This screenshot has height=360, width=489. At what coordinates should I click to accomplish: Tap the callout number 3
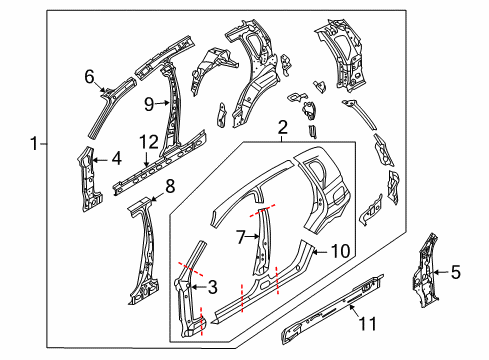(211, 288)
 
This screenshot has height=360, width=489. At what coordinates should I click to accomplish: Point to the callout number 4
(117, 157)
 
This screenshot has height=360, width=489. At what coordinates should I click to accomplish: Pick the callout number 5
(457, 270)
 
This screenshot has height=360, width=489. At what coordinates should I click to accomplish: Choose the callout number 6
(89, 76)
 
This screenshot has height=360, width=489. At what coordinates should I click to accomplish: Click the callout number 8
(170, 185)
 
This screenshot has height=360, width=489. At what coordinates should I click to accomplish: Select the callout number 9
(148, 101)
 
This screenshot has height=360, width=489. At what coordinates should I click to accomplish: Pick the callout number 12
(148, 142)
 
